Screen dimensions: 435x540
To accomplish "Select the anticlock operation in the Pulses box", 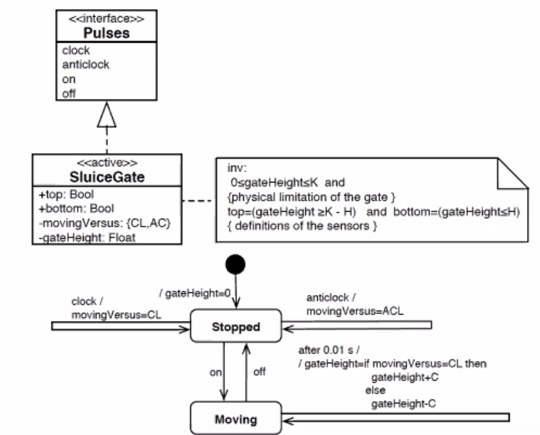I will click(x=86, y=65).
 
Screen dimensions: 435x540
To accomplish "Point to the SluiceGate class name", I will click(x=107, y=178).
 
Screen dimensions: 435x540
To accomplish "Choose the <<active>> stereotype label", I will click(x=107, y=164).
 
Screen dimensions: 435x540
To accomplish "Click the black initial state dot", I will click(x=235, y=264).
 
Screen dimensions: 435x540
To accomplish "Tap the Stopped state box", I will click(x=236, y=327).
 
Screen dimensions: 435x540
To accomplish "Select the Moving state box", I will click(x=236, y=419).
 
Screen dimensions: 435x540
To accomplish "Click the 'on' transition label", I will click(x=215, y=373).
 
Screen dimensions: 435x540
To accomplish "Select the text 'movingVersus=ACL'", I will click(x=355, y=311).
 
